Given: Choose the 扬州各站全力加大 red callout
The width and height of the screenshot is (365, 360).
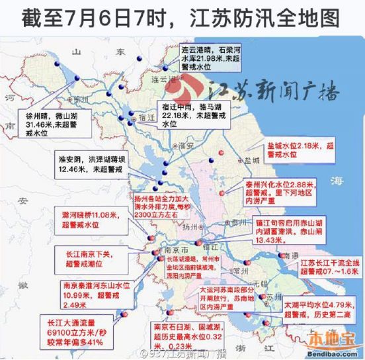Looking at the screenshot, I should coord(161,206).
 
